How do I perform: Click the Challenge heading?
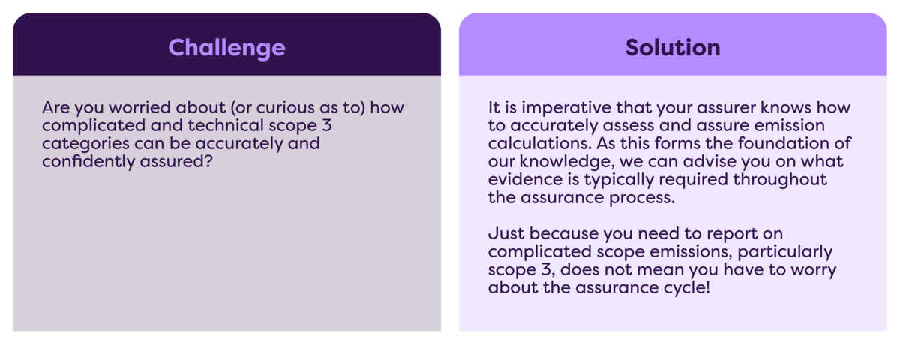click(x=226, y=48)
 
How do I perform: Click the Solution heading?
click(x=673, y=48)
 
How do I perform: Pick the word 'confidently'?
click(x=88, y=161)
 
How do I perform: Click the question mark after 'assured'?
click(x=208, y=161)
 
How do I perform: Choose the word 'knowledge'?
click(x=566, y=162)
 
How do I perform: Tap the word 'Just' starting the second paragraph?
click(x=505, y=233)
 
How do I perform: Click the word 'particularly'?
click(x=784, y=252)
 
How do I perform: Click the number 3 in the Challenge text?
click(x=327, y=126)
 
